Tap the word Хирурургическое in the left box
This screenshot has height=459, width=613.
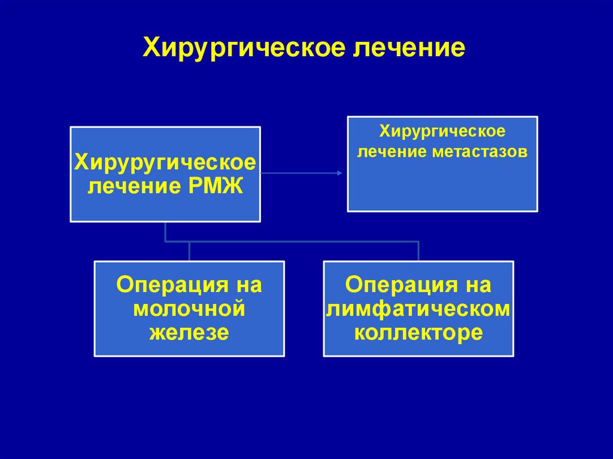tap(165, 162)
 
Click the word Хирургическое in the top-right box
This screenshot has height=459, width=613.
tap(442, 130)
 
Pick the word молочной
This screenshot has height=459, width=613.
tap(189, 309)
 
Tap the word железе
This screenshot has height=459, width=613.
tap(189, 332)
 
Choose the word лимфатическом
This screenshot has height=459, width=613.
tap(418, 309)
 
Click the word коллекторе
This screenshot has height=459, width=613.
tap(418, 332)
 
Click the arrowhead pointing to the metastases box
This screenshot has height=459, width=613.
tap(339, 174)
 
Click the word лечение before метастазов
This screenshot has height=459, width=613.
tap(390, 151)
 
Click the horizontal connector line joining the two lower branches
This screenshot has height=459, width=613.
tap(299, 242)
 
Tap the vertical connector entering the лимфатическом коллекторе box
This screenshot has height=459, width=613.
tap(418, 251)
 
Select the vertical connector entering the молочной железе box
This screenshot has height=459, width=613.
tap(189, 251)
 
